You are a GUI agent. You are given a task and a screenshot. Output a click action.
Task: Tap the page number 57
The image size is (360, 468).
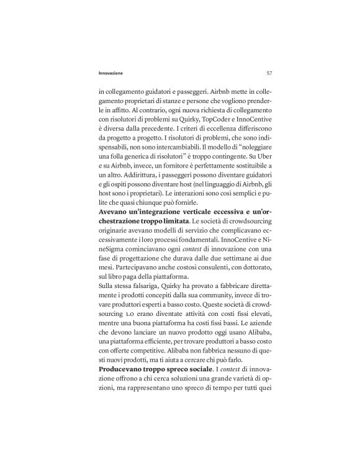click(x=268, y=73)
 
